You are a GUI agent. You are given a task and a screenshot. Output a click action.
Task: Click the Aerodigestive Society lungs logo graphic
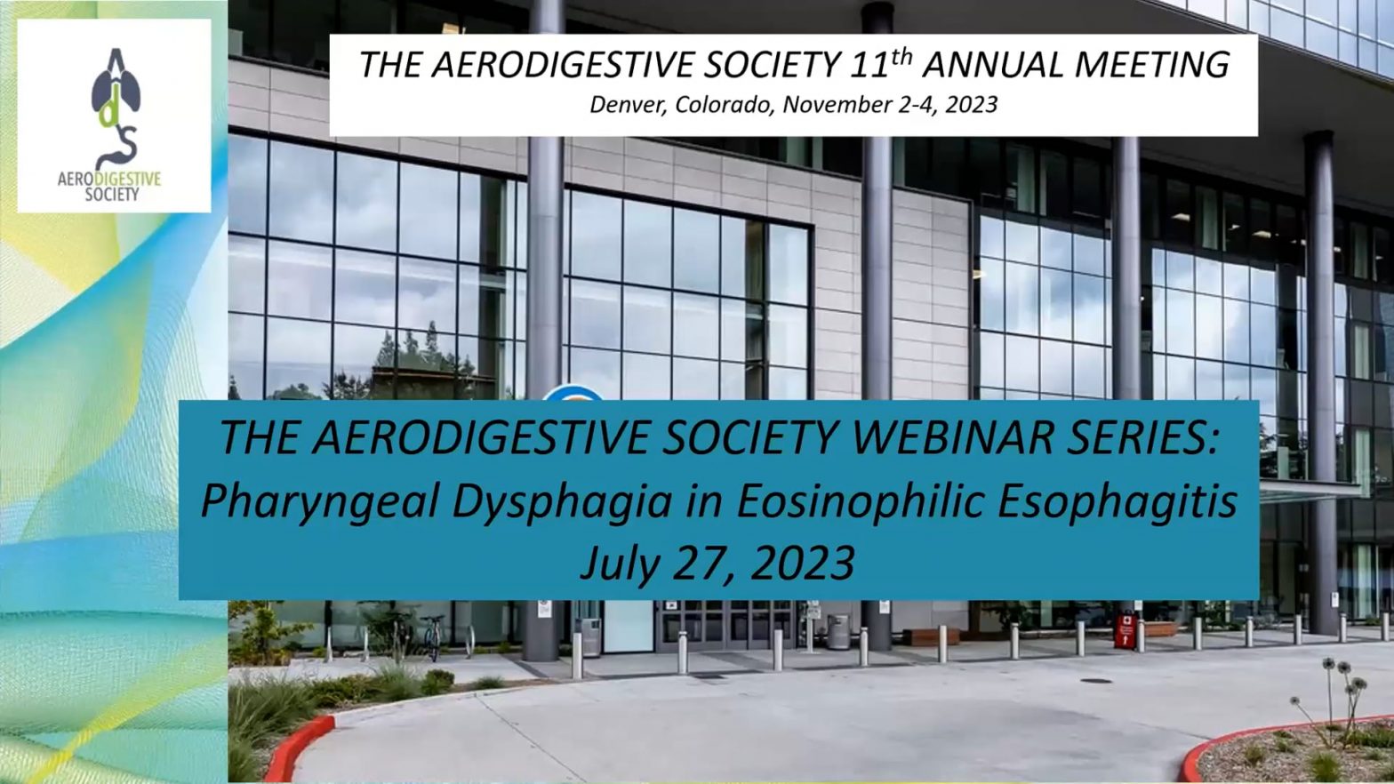pyautogui.click(x=116, y=108)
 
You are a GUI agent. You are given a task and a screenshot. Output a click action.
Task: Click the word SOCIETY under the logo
pyautogui.click(x=112, y=195)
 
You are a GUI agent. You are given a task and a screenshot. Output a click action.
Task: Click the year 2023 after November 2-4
pyautogui.click(x=971, y=105)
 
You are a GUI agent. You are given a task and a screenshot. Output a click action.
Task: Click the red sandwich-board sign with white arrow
pyautogui.click(x=1126, y=631)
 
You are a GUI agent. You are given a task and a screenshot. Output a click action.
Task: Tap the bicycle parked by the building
pyautogui.click(x=433, y=638)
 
